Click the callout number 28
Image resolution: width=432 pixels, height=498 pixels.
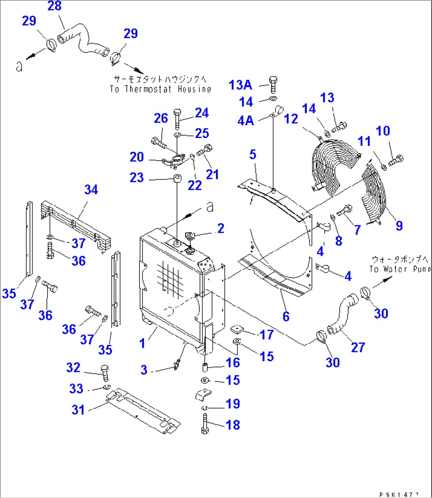pos(55,6)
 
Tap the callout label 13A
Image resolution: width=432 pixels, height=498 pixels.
pos(240,85)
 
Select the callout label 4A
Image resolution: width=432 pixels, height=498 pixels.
pos(246,120)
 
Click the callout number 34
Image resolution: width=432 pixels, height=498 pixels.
pos(91,190)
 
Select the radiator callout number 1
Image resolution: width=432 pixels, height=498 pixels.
pos(142,343)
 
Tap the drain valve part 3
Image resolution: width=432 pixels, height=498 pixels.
pos(177,364)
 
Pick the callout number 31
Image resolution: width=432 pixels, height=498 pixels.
pos(78,410)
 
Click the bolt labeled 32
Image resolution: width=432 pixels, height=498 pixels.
pos(105,373)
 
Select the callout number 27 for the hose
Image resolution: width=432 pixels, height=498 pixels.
pos(358,347)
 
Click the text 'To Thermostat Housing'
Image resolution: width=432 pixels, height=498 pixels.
pos(161,89)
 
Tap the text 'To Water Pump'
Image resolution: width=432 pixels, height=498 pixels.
pos(400,269)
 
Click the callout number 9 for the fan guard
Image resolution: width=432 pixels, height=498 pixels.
pos(399,226)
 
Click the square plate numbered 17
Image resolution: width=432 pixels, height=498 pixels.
pos(237,328)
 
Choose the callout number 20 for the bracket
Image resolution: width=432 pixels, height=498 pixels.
pos(136,157)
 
